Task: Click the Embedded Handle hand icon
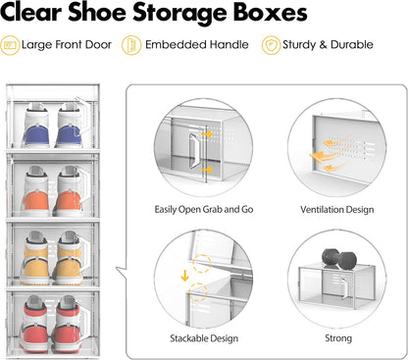click(130, 45)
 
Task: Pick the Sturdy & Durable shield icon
click(270, 45)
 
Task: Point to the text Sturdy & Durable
click(329, 45)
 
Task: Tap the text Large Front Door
click(66, 45)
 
